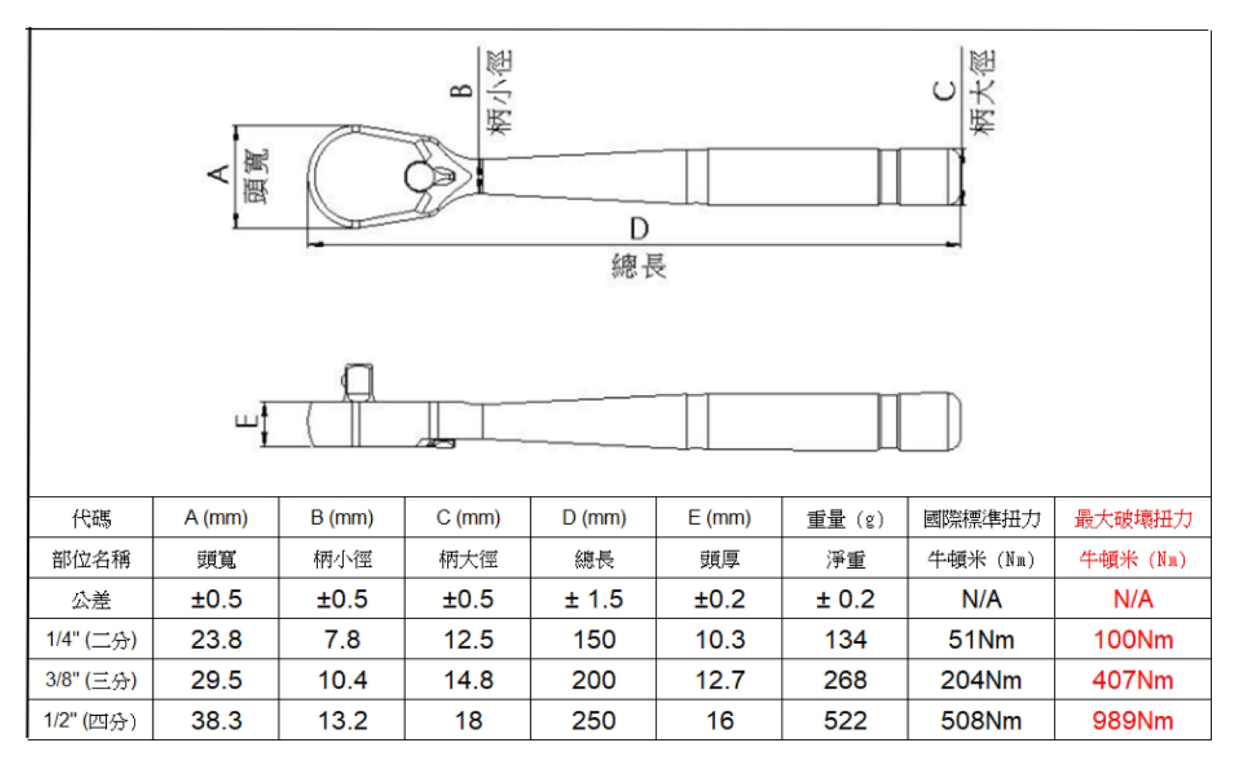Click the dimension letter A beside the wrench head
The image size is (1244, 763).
219,174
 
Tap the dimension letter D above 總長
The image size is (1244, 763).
639,229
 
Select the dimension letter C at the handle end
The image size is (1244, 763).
944,91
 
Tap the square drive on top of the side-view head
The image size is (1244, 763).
359,382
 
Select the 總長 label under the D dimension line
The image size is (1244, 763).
639,266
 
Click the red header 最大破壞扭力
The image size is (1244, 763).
1133,519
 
